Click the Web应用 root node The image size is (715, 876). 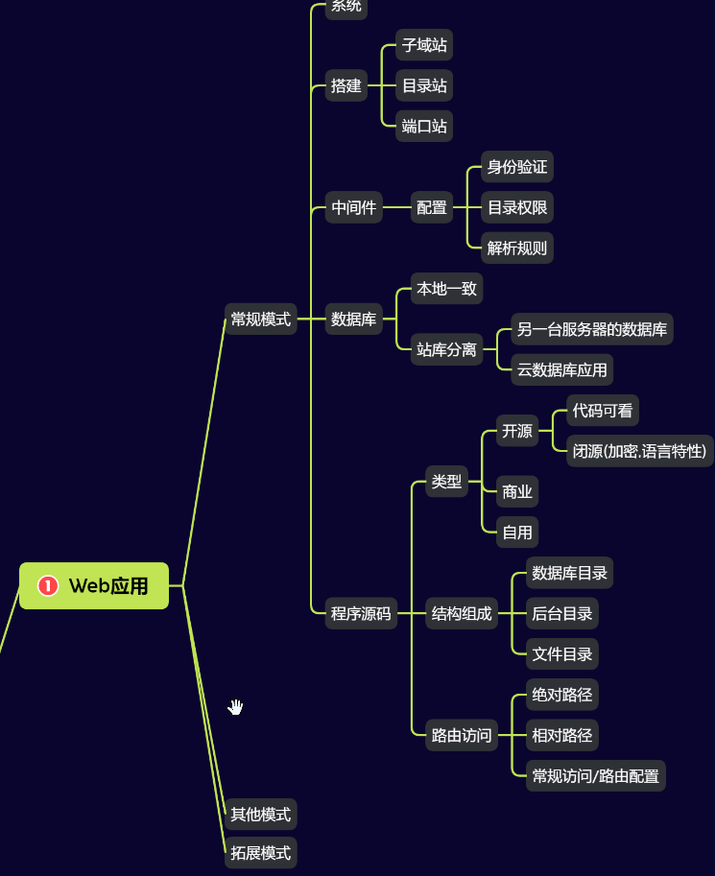point(94,585)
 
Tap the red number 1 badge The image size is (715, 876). point(48,585)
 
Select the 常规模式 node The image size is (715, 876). point(260,320)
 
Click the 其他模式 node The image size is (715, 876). point(260,815)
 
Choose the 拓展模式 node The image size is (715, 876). point(260,852)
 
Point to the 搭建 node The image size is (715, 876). point(346,86)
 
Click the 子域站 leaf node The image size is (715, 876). point(424,45)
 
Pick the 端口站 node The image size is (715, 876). point(424,126)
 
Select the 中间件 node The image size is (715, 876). point(354,207)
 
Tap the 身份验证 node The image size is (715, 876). point(516,167)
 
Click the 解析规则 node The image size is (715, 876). point(516,249)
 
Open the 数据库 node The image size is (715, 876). point(354,320)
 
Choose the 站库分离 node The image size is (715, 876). point(446,349)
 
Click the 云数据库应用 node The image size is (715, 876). point(561,369)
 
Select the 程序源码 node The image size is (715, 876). point(361,614)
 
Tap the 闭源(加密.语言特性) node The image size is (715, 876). point(640,450)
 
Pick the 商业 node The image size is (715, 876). point(516,492)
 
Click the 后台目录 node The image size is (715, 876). point(562,613)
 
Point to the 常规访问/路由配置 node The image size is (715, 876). point(596,776)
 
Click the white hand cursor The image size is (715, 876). point(235,708)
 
